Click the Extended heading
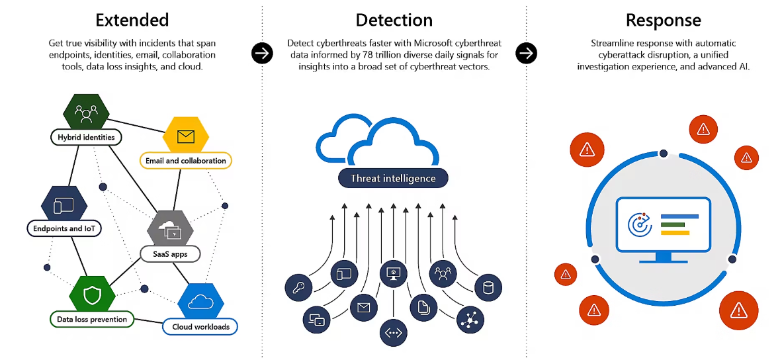132,20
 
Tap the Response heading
664,20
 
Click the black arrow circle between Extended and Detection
263,53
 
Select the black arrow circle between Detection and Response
527,53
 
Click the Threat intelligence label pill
393,178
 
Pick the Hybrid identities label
86,138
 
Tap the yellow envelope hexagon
186,136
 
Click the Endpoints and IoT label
64,228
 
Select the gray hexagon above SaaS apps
170,228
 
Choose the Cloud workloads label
200,326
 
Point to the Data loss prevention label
92,319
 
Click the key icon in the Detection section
298,288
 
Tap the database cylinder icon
488,288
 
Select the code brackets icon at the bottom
393,332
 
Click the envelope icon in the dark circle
363,307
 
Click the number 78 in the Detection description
421,55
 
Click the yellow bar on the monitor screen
675,232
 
